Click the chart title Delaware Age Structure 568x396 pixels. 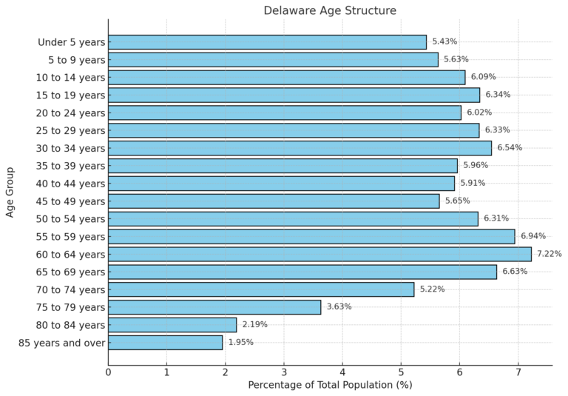[330, 10]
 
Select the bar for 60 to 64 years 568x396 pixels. [319, 254]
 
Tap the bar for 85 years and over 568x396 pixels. [165, 343]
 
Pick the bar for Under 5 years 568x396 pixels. [267, 42]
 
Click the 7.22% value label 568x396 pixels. [549, 254]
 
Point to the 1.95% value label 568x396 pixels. [240, 343]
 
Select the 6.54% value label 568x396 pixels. [510, 148]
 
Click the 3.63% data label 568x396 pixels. [339, 307]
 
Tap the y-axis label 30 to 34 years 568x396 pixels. [70, 148]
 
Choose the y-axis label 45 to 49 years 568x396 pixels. [70, 201]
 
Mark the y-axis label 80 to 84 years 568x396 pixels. [70, 325]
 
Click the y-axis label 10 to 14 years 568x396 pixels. [70, 77]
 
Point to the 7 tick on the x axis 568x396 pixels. [518, 372]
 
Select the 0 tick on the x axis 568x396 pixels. [109, 372]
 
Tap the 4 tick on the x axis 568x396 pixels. [342, 372]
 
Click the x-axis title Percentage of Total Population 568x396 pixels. [330, 385]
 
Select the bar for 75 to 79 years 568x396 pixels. [214, 307]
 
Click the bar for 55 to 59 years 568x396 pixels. [311, 236]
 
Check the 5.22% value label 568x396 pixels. [432, 289]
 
